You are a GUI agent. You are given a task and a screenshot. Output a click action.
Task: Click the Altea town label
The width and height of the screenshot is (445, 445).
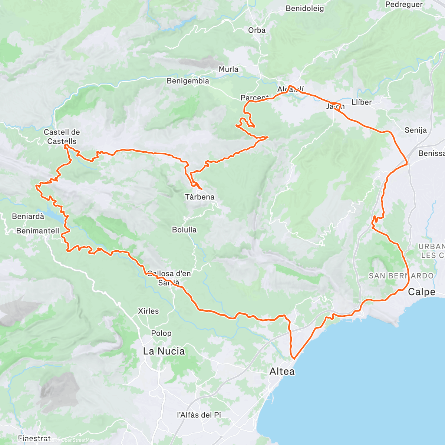point(282,371)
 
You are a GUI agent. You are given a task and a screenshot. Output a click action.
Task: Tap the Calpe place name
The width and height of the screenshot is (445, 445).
point(422,292)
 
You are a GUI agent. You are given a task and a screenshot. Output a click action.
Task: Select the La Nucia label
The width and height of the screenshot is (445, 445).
point(164,351)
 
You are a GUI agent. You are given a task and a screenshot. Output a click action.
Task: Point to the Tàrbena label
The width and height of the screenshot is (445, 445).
point(200,197)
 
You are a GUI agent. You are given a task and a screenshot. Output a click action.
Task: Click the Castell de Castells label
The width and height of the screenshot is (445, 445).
point(62,137)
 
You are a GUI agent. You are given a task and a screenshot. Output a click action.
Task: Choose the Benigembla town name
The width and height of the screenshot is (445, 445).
point(188,81)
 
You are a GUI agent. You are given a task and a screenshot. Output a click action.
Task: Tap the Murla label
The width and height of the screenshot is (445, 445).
point(228,69)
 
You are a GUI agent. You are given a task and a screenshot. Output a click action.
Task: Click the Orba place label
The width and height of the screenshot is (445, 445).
point(257,30)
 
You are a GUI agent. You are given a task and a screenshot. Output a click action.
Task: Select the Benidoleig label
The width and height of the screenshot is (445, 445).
point(305,9)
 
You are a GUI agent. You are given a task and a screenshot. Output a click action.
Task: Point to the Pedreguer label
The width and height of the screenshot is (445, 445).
point(404,4)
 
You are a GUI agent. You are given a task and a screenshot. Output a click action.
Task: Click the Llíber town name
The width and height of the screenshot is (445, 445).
point(362,102)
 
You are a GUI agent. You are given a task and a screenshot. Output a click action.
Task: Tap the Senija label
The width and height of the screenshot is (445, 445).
point(416,130)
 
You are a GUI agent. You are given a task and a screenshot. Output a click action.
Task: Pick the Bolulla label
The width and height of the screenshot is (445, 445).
point(184,230)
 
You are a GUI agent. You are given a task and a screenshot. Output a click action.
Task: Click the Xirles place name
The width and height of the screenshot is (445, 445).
point(148,311)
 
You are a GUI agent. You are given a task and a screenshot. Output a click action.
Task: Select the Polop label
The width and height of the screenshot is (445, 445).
point(161,333)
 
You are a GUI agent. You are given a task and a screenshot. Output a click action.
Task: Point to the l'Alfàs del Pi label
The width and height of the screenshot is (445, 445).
point(199,415)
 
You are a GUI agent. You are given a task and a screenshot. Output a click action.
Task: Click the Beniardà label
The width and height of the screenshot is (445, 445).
point(28,216)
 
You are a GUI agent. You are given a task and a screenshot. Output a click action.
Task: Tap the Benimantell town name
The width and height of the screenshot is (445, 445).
point(37,231)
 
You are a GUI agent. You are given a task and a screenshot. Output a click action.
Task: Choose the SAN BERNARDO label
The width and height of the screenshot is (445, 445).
point(401,276)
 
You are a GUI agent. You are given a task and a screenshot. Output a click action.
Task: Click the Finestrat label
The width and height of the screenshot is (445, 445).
point(34,439)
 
